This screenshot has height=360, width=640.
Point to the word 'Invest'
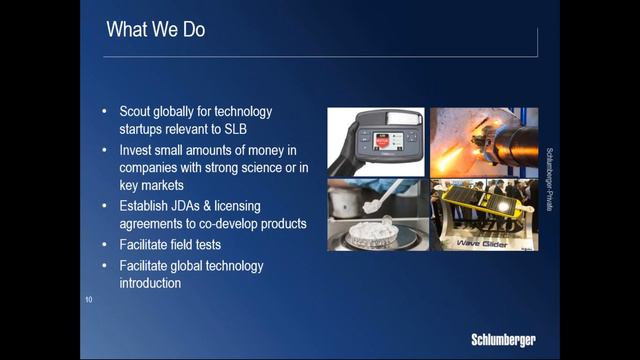tap(138, 149)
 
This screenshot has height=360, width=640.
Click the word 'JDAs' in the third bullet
tap(196, 205)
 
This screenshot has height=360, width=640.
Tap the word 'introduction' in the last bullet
tap(150, 283)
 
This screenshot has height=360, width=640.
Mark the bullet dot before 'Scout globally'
tap(106, 111)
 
